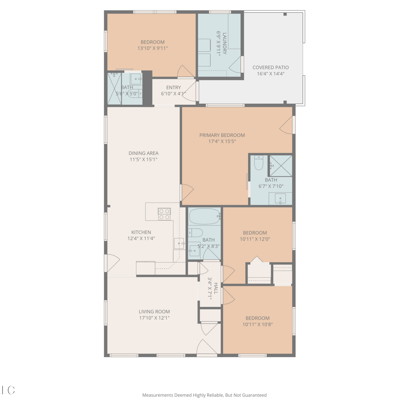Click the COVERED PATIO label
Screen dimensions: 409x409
tap(270, 67)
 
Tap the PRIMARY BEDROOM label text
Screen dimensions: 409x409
tap(222, 135)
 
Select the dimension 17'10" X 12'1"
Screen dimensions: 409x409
tap(154, 318)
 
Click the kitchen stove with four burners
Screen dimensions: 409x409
tap(164, 214)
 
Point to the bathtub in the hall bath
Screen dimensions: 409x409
tap(204, 216)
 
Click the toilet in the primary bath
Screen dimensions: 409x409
tap(258, 163)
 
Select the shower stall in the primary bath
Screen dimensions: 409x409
tap(281, 166)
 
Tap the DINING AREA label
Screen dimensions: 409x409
tap(143, 153)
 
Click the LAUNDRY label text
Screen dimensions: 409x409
tap(224, 44)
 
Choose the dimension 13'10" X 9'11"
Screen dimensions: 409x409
tap(152, 48)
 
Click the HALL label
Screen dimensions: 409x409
tap(216, 288)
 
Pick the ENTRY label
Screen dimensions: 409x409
tap(173, 88)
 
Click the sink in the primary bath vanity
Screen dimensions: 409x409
tap(280, 199)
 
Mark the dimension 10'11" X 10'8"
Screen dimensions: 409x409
tap(257, 324)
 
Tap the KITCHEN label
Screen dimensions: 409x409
tap(141, 232)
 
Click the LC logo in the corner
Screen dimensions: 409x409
tap(8, 390)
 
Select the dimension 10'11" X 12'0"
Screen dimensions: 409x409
tap(255, 239)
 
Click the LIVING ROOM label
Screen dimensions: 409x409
tap(154, 312)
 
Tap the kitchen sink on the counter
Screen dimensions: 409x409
tap(179, 243)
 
